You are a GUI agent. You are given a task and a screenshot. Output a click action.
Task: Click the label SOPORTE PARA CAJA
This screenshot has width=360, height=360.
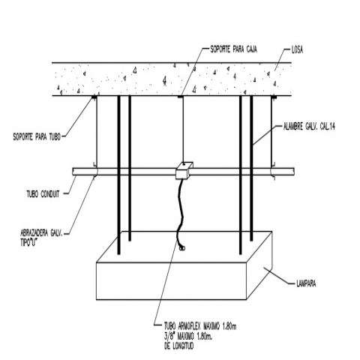pyautogui.click(x=233, y=49)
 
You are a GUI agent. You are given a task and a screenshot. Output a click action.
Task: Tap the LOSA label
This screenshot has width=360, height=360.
pyautogui.click(x=297, y=50)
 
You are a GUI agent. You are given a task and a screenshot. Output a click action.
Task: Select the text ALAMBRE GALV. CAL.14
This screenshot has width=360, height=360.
pyautogui.click(x=309, y=127)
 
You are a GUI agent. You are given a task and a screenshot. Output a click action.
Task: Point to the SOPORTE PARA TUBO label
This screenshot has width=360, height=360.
pyautogui.click(x=37, y=136)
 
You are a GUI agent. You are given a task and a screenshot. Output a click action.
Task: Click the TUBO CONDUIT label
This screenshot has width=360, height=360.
pyautogui.click(x=43, y=193)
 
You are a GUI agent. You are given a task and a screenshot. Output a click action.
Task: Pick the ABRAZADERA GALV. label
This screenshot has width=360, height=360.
pyautogui.click(x=41, y=233)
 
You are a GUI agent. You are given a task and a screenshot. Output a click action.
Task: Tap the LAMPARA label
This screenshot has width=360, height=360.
pyautogui.click(x=306, y=283)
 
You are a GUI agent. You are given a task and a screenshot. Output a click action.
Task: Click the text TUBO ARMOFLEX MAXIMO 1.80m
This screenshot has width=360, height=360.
pyautogui.click(x=200, y=326)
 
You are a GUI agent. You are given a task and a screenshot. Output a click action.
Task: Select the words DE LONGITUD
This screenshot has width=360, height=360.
pyautogui.click(x=178, y=346)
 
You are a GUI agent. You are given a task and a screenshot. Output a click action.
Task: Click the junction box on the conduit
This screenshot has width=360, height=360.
pyautogui.click(x=184, y=171)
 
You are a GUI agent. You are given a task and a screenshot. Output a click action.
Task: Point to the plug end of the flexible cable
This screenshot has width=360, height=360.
pyautogui.click(x=182, y=247)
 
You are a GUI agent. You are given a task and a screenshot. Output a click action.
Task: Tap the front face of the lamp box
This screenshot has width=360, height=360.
pyautogui.click(x=172, y=281)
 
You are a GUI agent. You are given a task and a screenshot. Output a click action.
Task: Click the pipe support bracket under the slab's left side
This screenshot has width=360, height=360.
pyautogui.click(x=94, y=97)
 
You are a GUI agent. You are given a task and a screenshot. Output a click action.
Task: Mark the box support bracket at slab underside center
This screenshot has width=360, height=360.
pyautogui.click(x=181, y=97)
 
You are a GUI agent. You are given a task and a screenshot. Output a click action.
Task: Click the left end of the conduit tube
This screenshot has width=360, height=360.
pyautogui.click(x=73, y=172)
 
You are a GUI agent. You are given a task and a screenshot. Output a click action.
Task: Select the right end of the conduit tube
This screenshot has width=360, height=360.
pyautogui.click(x=293, y=172)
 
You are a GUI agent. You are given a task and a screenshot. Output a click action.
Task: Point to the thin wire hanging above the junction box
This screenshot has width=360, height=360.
pyautogui.click(x=183, y=130)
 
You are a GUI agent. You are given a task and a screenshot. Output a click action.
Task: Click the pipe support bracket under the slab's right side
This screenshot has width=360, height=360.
pyautogui.click(x=274, y=97)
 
